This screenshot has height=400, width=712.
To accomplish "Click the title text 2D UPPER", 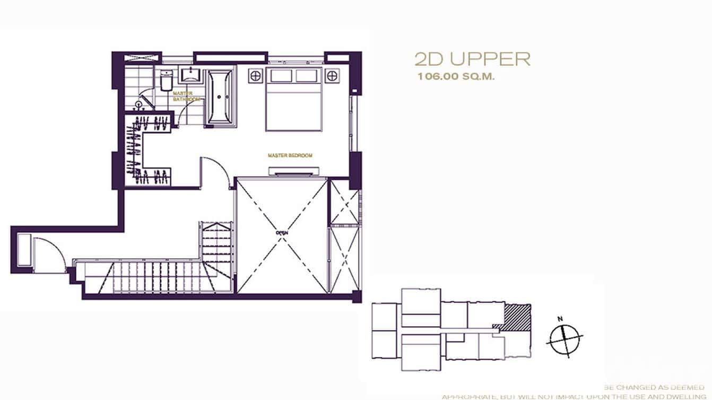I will click(x=472, y=59).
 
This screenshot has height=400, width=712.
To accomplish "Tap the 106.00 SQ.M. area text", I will click(x=456, y=76).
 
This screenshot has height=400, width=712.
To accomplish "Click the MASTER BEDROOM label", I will click(x=290, y=155).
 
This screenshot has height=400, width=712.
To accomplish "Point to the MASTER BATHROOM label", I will click(x=186, y=96).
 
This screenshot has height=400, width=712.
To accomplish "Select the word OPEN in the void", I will click(x=281, y=232).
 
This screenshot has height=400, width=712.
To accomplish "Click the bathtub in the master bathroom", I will click(x=219, y=97).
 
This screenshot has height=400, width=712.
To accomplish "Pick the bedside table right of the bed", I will click(x=332, y=75).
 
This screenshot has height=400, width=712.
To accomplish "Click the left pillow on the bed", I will click(x=281, y=76).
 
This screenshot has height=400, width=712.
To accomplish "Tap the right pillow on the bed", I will click(x=307, y=76).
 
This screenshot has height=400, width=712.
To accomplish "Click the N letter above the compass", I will click(x=560, y=319).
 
